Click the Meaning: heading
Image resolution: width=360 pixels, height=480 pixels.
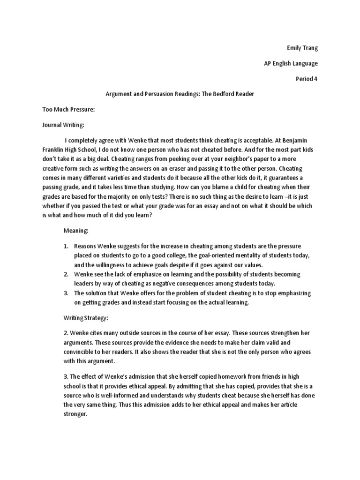[76, 231]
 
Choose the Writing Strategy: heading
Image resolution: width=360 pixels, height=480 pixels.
[86, 317]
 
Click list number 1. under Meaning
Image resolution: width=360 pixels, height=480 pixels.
[66, 246]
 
